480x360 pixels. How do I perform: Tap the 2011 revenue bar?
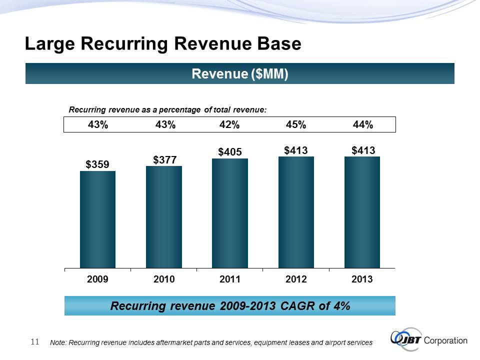click(230, 213)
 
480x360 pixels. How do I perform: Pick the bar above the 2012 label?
click(296, 212)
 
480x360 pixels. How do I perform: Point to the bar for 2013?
click(362, 212)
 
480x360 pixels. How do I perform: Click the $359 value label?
click(97, 164)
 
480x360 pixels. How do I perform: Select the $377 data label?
click(164, 159)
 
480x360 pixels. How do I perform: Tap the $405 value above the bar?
click(230, 151)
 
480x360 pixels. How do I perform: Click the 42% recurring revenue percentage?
click(230, 125)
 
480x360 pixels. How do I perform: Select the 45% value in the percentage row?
click(296, 125)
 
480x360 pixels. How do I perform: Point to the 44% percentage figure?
click(362, 125)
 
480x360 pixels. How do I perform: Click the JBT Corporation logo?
click(429, 339)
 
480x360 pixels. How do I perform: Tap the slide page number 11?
click(35, 342)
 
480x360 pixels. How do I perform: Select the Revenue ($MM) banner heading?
click(240, 74)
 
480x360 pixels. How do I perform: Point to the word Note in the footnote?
click(58, 343)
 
